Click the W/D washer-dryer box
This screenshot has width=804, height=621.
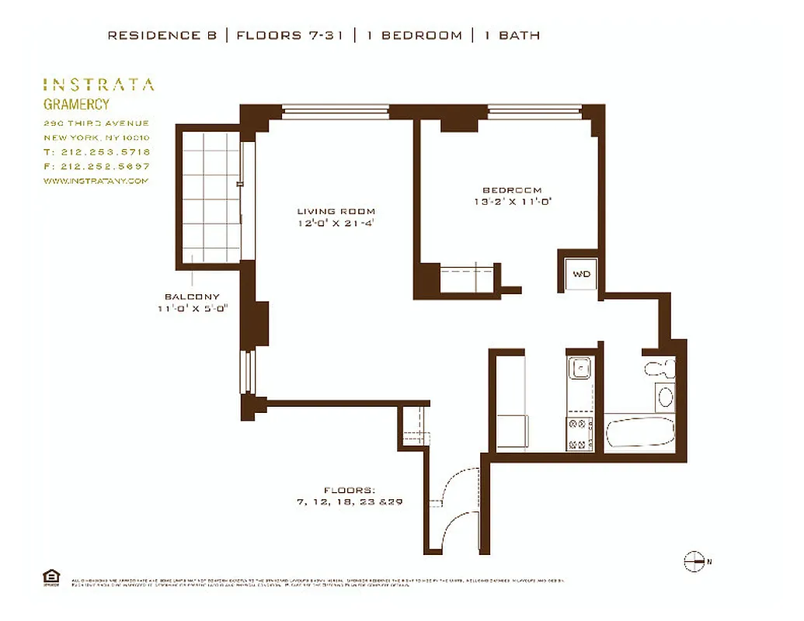point(581,274)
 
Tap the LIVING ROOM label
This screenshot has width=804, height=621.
point(336,211)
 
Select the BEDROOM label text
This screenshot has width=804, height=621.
point(512,190)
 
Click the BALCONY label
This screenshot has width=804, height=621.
point(192,297)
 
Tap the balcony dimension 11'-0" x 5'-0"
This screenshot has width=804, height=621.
point(192,309)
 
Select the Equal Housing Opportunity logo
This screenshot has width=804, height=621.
point(50,578)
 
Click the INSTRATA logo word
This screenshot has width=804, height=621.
point(99,85)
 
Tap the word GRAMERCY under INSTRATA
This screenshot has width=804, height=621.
point(76,105)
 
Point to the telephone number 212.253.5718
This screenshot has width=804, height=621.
point(96,152)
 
